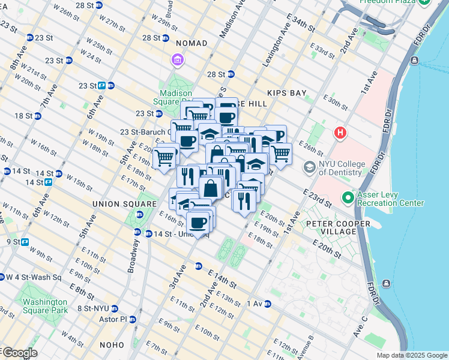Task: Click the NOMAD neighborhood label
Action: coord(191,43)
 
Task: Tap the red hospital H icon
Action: coord(340,132)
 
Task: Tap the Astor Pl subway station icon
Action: coord(132,319)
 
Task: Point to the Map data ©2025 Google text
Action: coord(412,355)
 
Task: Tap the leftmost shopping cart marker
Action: coord(163,158)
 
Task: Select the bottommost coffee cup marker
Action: coord(197,223)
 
